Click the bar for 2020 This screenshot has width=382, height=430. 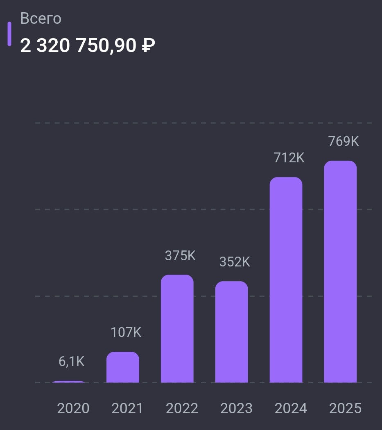(x=69, y=382)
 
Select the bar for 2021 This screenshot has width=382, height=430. (x=123, y=367)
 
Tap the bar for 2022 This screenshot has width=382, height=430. (x=177, y=329)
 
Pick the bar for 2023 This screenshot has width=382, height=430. (x=232, y=332)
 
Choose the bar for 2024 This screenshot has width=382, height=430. (x=286, y=280)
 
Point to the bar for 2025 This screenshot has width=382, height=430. (x=340, y=272)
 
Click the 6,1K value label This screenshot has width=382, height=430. (x=72, y=362)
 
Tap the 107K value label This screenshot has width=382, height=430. (x=126, y=332)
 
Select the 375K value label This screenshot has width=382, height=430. (x=180, y=256)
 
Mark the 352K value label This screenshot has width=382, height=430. (x=235, y=262)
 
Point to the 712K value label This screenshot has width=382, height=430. (x=289, y=158)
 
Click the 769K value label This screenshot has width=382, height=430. (x=344, y=141)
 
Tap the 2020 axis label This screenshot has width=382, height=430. (x=73, y=408)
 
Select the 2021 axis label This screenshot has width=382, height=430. (x=127, y=408)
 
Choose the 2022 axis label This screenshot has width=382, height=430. (x=182, y=408)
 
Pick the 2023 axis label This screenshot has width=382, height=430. (x=236, y=408)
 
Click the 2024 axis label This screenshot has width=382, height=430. (x=291, y=408)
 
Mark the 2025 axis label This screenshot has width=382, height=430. (x=345, y=408)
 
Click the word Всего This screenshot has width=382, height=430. (x=41, y=19)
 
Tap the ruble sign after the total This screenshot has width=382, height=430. (x=148, y=46)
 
